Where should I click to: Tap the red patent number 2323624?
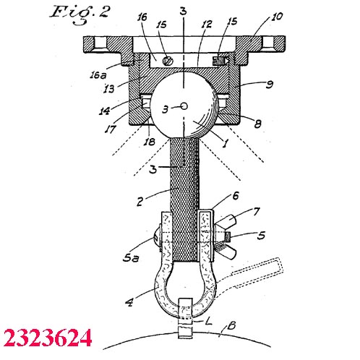pos(48,338)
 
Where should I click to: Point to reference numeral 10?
pos(277,17)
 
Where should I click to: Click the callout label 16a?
pos(98,75)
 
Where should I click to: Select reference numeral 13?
pos(109,89)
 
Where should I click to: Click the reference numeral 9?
pos(270,85)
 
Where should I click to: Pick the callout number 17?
pos(111,129)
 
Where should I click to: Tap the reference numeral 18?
pos(149,142)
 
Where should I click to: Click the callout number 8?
pos(257,124)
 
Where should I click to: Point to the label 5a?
pos(131,258)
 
